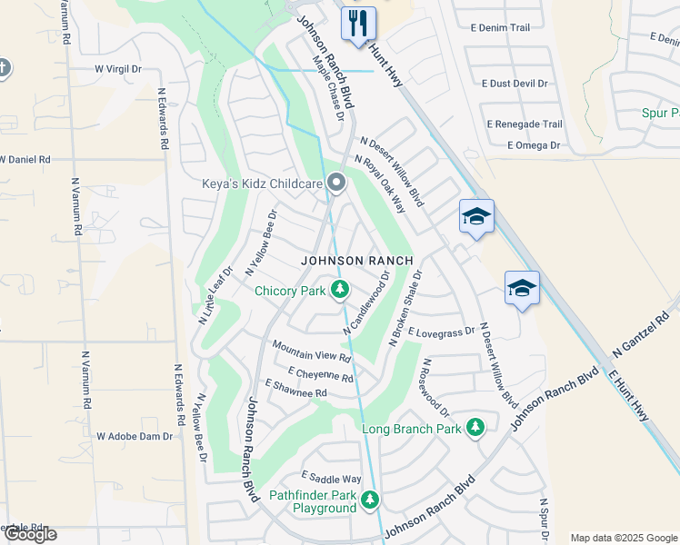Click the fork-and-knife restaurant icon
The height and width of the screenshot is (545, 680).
pos(358,23)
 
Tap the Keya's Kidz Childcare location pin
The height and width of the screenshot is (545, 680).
pos(336,184)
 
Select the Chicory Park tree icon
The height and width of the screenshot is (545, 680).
pos(340,291)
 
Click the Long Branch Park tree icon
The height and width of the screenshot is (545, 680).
pos(475,428)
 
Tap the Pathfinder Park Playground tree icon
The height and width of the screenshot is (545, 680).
pos(369,500)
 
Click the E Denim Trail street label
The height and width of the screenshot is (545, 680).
pos(500,28)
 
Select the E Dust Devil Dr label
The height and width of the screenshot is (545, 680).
pos(509,83)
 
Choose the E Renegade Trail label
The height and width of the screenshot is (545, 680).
pos(525,124)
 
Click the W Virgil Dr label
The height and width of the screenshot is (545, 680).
pos(118,68)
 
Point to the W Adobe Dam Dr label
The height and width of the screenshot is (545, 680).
pos(135,436)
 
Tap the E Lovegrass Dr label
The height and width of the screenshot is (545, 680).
pos(442,332)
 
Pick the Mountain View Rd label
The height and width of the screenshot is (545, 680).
pos(312,352)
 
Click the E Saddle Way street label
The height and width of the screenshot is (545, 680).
pos(331,479)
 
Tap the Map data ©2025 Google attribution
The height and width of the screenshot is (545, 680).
pos(624,538)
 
